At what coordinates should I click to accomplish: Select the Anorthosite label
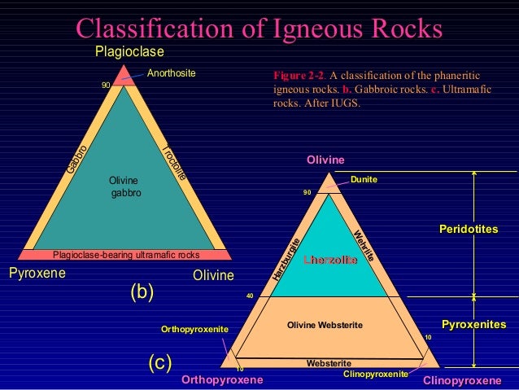pyautogui.click(x=172, y=73)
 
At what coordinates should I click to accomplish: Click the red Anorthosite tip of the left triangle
pyautogui.click(x=124, y=76)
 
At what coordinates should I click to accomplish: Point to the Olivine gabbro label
pyautogui.click(x=125, y=186)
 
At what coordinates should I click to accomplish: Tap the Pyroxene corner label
pyautogui.click(x=37, y=274)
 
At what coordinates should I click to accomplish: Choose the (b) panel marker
pyautogui.click(x=142, y=291)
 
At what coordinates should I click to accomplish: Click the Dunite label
pyautogui.click(x=364, y=178)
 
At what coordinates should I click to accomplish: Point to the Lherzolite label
pyautogui.click(x=330, y=260)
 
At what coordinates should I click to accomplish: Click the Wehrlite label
pyautogui.click(x=364, y=246)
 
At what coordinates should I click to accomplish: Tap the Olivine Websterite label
pyautogui.click(x=325, y=326)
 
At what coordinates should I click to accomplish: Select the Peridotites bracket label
pyautogui.click(x=469, y=230)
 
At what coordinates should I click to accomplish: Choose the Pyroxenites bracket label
pyautogui.click(x=474, y=326)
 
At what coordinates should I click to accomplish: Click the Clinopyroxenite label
pyautogui.click(x=376, y=374)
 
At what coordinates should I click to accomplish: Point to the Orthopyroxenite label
pyautogui.click(x=195, y=329)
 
